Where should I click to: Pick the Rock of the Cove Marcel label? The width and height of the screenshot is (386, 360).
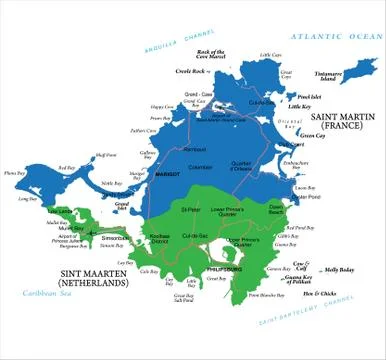point(211,54)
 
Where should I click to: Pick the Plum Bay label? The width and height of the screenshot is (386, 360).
point(15,173)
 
